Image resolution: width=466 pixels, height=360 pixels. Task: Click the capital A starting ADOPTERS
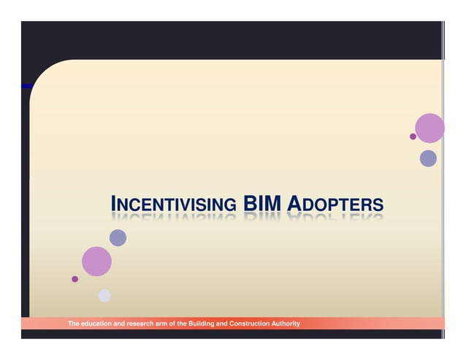click(x=294, y=203)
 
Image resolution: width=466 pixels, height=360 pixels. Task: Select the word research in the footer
click(x=138, y=323)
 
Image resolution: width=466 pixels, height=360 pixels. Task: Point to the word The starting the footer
click(x=74, y=323)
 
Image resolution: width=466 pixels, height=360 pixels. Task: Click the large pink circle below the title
click(x=96, y=261)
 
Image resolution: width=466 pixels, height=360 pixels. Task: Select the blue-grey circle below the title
click(x=118, y=238)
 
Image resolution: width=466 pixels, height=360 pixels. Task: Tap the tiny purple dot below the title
click(x=75, y=279)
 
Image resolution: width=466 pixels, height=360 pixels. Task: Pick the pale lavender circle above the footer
click(x=104, y=296)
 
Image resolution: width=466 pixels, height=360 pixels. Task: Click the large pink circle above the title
click(x=429, y=129)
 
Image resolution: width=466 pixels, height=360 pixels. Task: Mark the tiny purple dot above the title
click(x=413, y=137)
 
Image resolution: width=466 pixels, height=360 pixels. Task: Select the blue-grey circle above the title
click(x=428, y=158)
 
